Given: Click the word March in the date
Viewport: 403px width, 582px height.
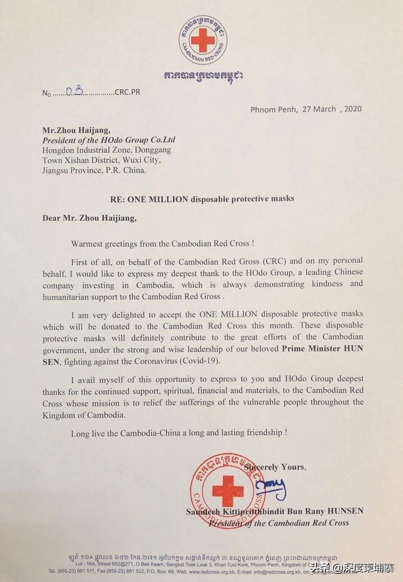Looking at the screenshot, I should [324, 109].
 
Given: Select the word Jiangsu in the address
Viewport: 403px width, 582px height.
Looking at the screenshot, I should [57, 171].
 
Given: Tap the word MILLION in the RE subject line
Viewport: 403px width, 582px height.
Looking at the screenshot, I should [166, 198].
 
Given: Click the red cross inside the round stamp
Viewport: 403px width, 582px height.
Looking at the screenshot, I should [227, 490].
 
